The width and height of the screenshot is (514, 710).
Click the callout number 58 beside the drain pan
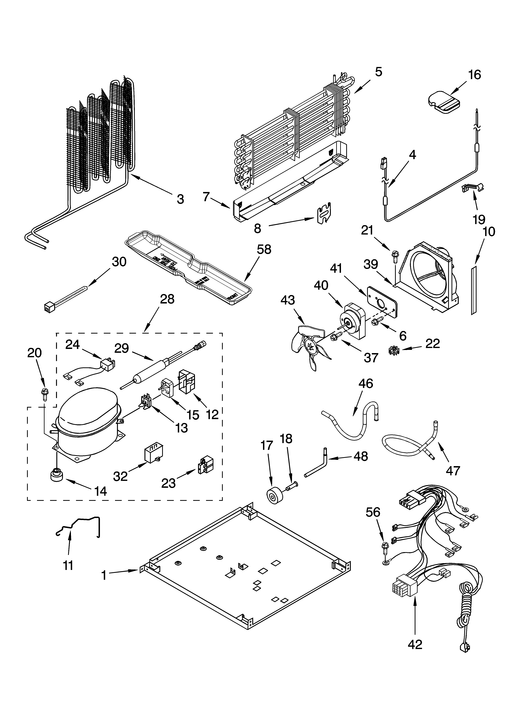point(264,250)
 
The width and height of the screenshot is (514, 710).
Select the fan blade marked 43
point(308,346)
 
